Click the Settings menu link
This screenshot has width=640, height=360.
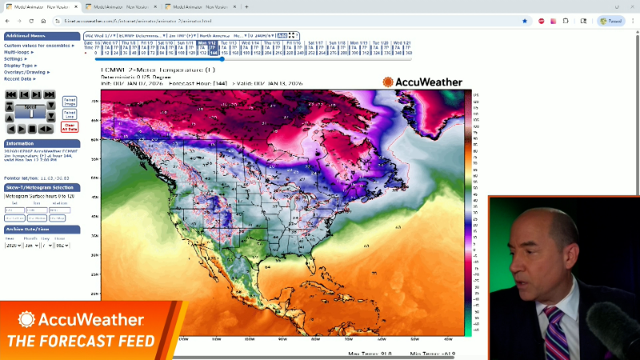tap(14, 58)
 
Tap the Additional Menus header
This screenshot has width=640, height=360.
tap(25, 36)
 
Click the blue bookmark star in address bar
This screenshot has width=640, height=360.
tap(525, 21)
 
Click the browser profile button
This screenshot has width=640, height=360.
tap(612, 21)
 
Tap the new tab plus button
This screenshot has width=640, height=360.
tap(246, 6)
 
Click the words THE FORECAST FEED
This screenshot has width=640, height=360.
tap(81, 342)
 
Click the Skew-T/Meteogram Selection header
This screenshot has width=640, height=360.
tap(39, 187)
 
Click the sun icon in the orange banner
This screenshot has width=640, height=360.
tap(26, 319)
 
